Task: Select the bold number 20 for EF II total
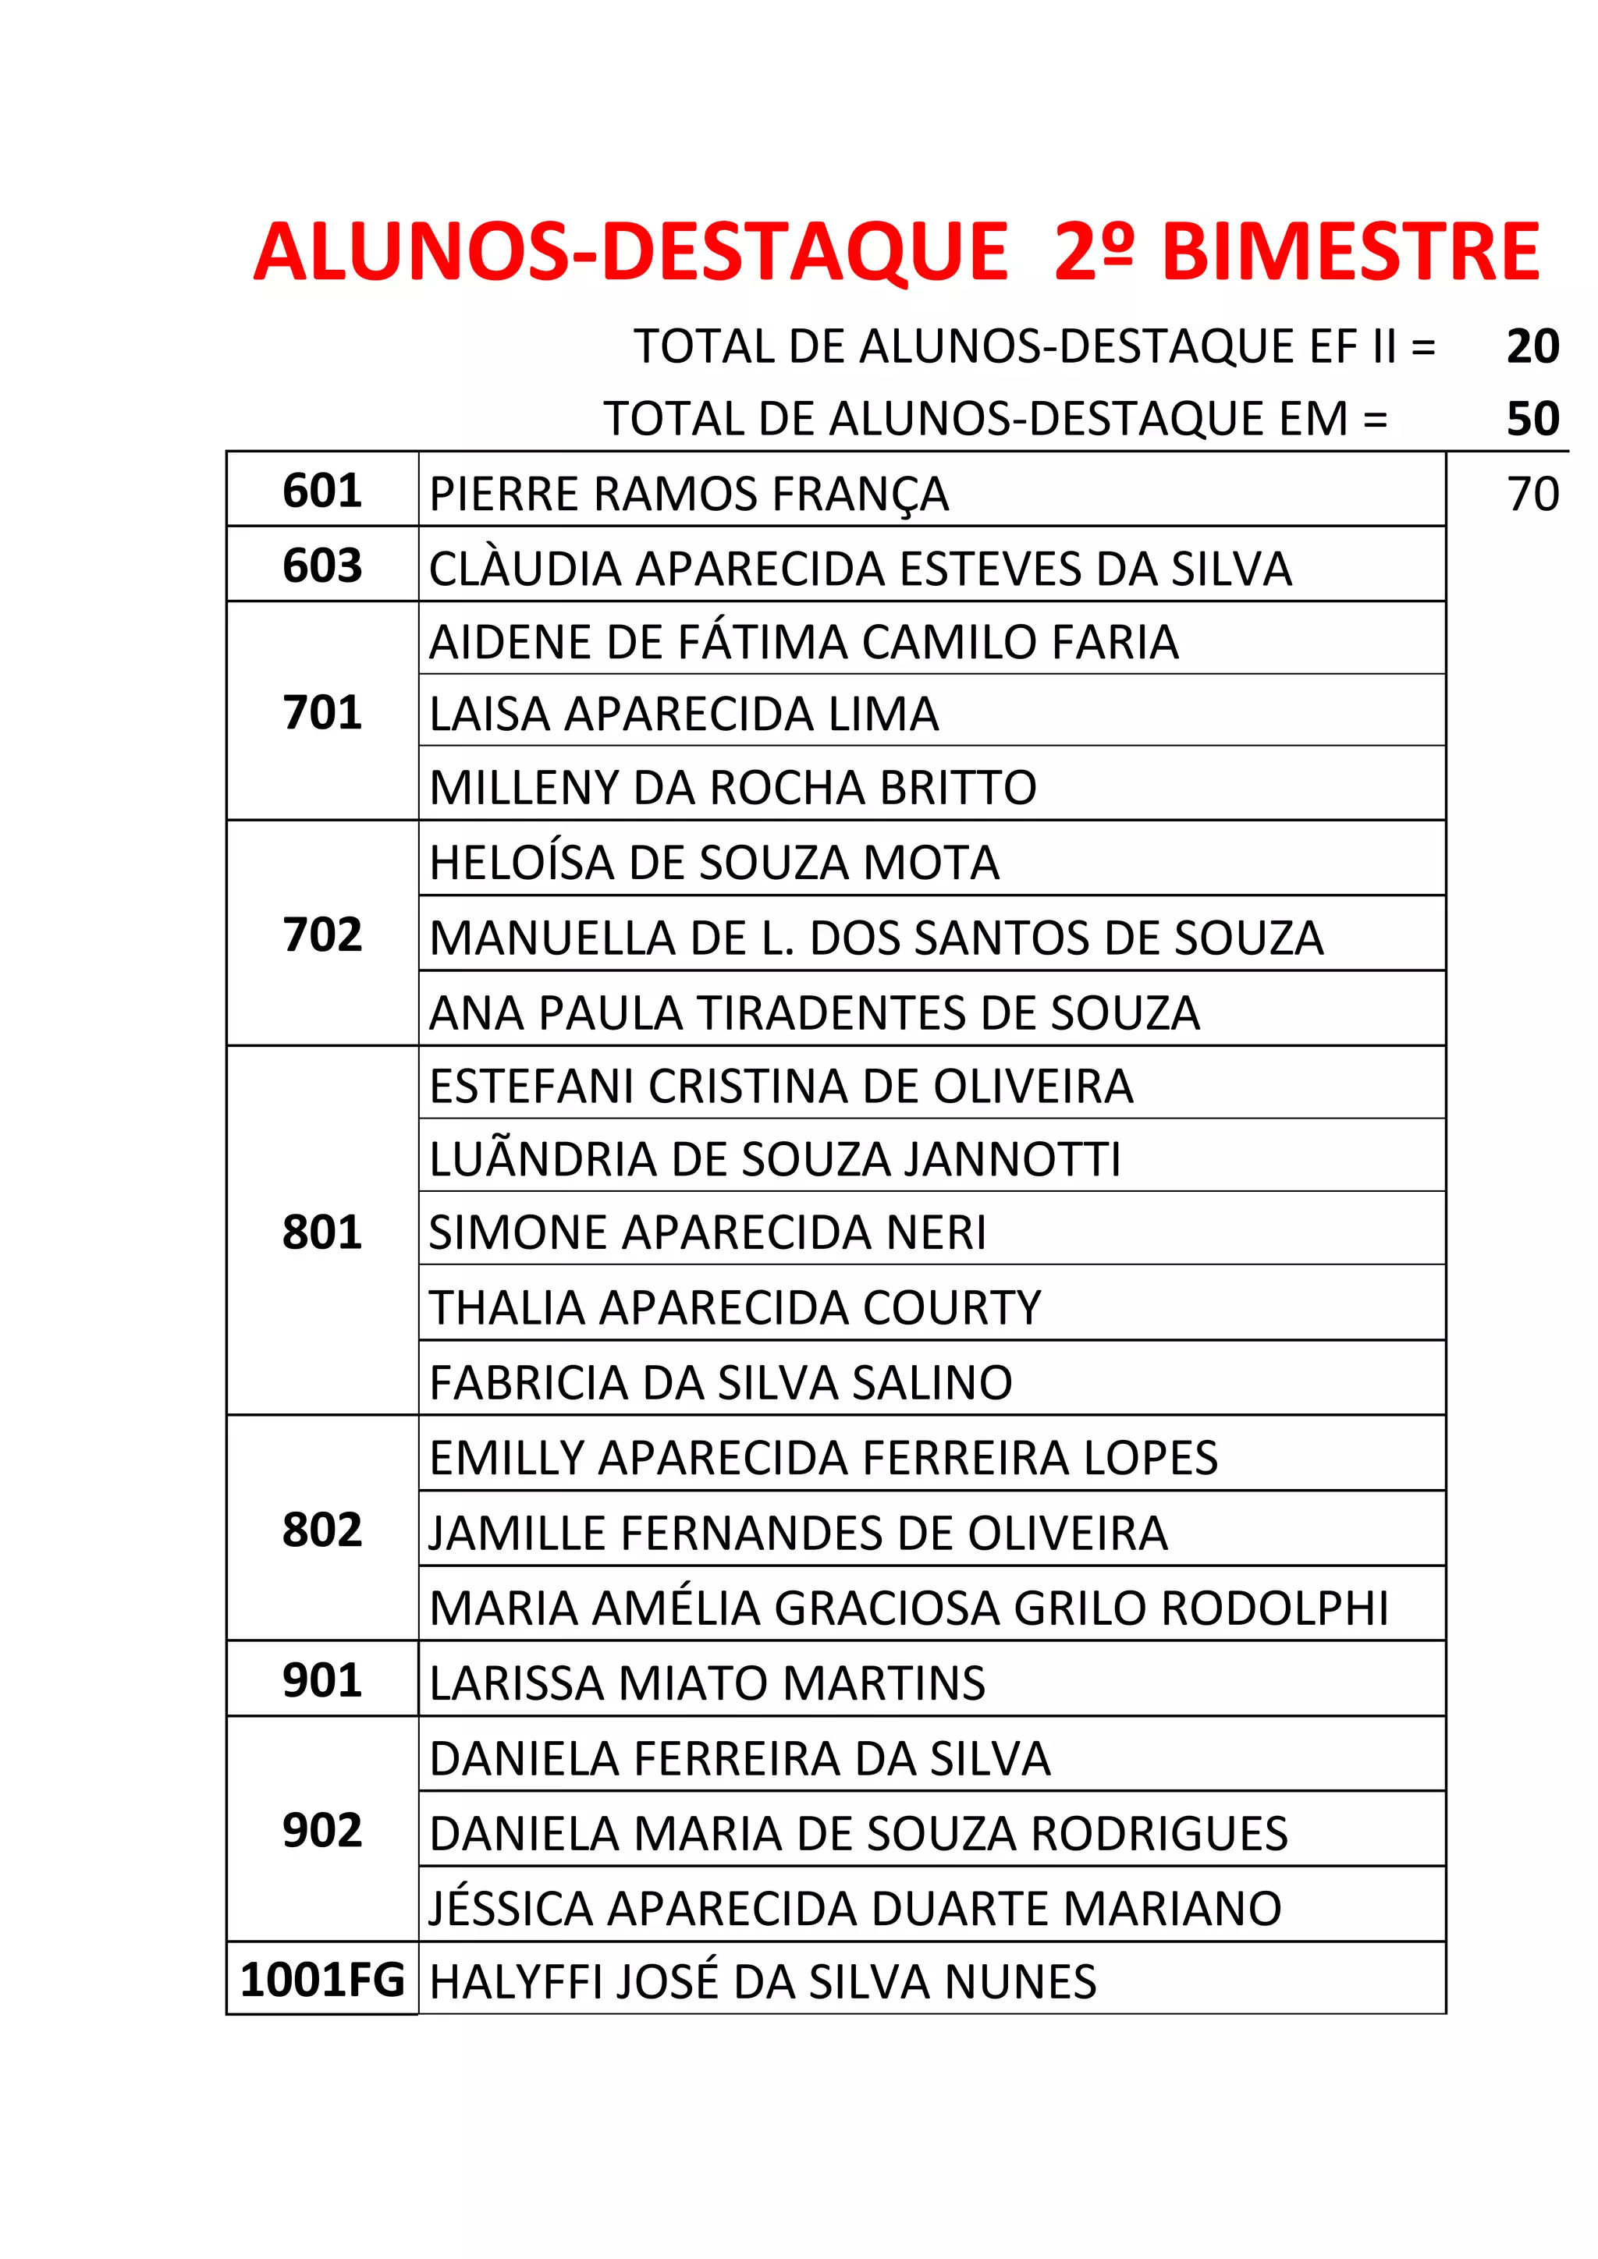[x=1532, y=346]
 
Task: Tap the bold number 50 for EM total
[x=1532, y=419]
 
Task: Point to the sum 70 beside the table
[x=1532, y=494]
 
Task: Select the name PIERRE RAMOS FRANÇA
[x=689, y=494]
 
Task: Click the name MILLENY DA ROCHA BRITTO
[x=733, y=787]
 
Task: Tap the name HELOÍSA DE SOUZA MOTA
[x=715, y=863]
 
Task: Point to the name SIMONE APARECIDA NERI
[x=708, y=1232]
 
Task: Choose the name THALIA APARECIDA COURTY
[x=735, y=1307]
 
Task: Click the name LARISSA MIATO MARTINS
[x=708, y=1683]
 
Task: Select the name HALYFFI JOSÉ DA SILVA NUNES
[x=762, y=1981]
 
